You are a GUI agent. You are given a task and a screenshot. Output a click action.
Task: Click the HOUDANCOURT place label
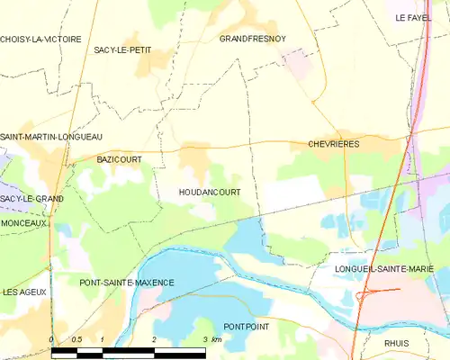[209, 193]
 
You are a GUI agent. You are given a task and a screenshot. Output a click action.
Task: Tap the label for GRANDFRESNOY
[253, 40]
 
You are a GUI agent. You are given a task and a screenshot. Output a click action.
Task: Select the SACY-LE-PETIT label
[122, 50]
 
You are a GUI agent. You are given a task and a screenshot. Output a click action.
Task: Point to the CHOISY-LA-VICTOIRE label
[40, 40]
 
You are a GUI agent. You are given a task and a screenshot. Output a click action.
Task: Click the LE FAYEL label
[413, 18]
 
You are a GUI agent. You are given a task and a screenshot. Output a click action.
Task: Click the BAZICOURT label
[119, 158]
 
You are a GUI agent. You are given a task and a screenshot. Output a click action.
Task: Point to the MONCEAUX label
[23, 222]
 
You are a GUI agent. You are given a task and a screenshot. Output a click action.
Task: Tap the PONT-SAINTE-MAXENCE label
[127, 283]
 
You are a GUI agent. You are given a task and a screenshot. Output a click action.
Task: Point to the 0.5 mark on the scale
[77, 339]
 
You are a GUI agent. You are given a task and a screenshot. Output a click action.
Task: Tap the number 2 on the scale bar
[155, 339]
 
